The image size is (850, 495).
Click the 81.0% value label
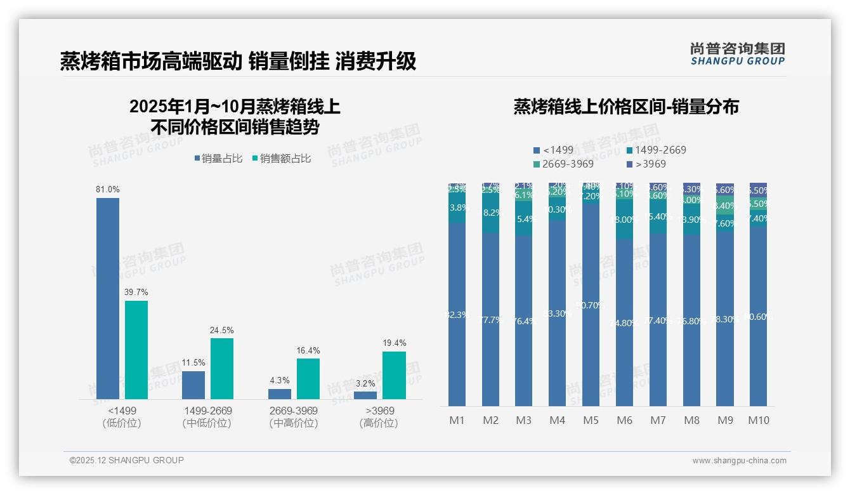pos(108,189)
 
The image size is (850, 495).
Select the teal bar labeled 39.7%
pos(136,350)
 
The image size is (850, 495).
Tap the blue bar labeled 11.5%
pos(193,385)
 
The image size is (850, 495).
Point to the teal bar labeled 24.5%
pos(222,369)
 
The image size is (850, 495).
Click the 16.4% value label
pos(308,350)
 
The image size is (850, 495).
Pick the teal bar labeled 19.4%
pos(394,375)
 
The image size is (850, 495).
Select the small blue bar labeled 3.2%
pos(365,395)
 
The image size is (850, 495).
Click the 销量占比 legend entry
pos(218,159)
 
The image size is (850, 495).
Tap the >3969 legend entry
pos(646,164)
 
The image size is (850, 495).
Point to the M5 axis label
pos(591,420)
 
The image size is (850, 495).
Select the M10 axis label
pos(758,420)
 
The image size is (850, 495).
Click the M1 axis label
pos(457,420)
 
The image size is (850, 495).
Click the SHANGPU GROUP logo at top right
pos(738,54)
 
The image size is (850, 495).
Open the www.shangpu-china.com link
pos(739,461)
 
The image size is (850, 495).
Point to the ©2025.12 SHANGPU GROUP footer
pos(127,460)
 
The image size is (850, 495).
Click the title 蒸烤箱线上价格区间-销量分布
pos(626,107)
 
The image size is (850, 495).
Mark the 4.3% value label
pos(280,381)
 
